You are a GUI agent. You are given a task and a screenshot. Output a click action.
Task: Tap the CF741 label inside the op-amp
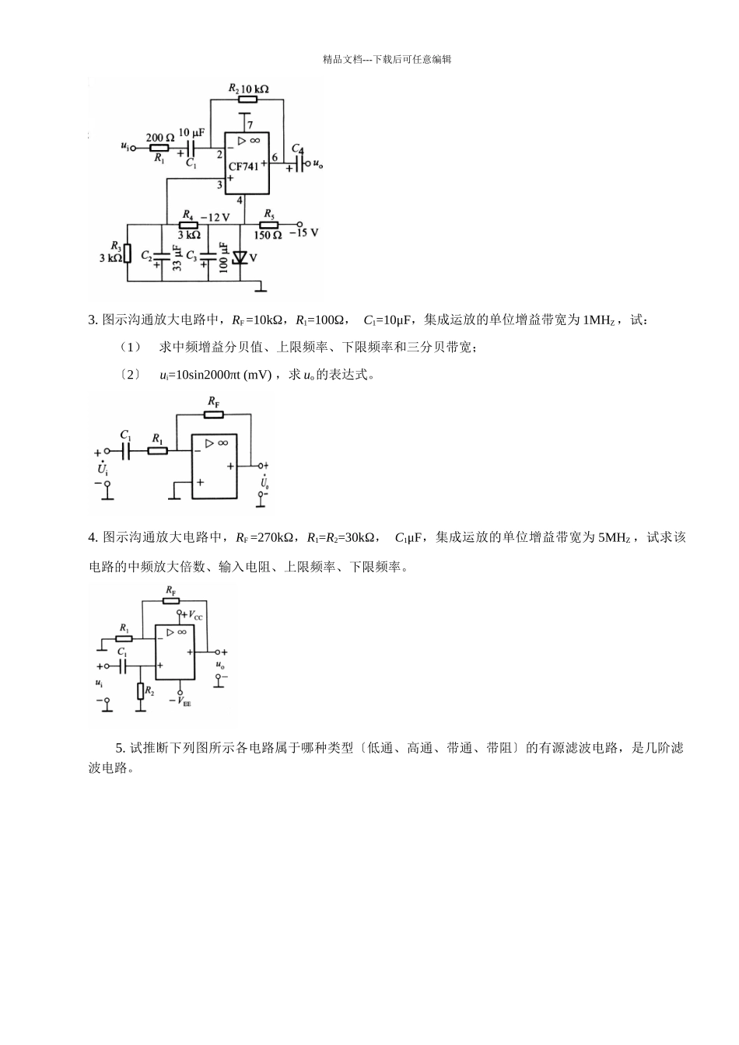[x=243, y=167]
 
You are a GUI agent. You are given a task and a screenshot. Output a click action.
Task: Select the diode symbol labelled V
[x=239, y=257]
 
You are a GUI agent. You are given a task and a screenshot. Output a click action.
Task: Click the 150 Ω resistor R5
[x=268, y=224]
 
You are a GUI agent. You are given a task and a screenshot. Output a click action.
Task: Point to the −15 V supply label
[x=304, y=232]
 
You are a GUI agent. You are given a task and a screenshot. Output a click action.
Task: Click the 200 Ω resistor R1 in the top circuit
[x=159, y=147]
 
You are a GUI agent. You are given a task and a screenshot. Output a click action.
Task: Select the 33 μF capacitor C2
[x=163, y=255]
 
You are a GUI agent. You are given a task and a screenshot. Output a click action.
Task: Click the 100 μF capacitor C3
[x=208, y=255]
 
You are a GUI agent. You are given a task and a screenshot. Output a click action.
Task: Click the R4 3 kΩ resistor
[x=188, y=224]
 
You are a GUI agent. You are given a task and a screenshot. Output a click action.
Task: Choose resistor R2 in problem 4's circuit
[x=141, y=690]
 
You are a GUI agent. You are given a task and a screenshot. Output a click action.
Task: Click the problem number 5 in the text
[x=120, y=748]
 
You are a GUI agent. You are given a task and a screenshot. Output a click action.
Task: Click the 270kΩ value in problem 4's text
[x=274, y=537]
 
